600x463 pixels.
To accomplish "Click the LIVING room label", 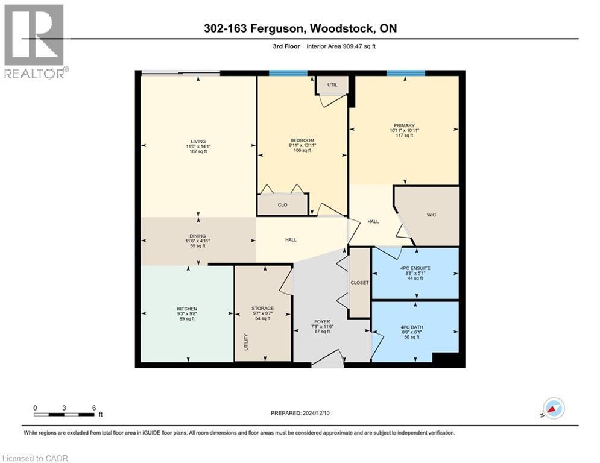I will (x=198, y=142).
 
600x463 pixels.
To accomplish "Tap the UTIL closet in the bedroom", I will (x=332, y=85).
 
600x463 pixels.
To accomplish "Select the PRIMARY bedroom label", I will (x=404, y=125).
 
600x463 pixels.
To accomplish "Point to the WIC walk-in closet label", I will (x=431, y=214).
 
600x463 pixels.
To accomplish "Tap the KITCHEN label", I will (x=187, y=309).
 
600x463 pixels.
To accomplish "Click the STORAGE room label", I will (x=262, y=308).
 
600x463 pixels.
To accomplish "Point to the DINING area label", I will (x=198, y=236).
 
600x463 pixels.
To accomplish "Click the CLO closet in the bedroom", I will (x=282, y=205).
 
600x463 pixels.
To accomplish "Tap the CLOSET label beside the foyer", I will (x=360, y=282).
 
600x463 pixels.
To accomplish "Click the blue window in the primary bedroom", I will (x=405, y=73).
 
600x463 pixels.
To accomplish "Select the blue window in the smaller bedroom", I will (x=288, y=73).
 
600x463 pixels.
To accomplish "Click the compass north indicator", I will (x=553, y=409).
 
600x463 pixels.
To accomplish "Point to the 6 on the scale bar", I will (x=93, y=408).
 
